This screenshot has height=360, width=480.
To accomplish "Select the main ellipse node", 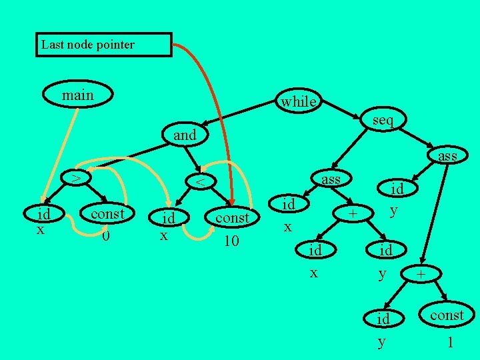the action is [x=77, y=95].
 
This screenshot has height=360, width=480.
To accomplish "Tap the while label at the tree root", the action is [x=298, y=101].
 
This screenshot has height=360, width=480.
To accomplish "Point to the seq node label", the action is [x=383, y=120].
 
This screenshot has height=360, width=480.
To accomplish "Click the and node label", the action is [x=185, y=135].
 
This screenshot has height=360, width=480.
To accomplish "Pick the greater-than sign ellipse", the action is [x=77, y=178].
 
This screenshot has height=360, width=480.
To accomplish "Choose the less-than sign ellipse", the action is [x=199, y=181].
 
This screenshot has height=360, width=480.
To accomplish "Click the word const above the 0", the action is [x=107, y=213].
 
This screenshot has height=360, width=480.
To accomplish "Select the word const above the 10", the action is [x=231, y=217].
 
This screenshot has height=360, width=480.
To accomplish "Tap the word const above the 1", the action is [x=446, y=315].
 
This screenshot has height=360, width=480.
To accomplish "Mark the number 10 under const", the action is [x=231, y=240].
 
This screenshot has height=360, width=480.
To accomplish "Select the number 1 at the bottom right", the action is [x=451, y=343].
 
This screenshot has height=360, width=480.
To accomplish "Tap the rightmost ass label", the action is [x=447, y=156].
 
